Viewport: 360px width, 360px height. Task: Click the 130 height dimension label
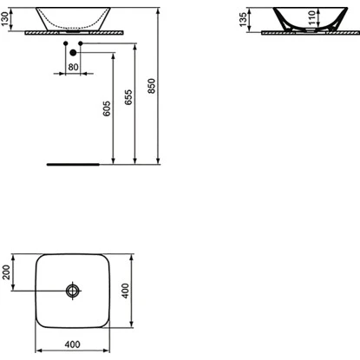6,18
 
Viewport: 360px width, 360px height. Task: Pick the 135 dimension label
245,19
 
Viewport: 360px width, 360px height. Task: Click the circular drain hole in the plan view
75,289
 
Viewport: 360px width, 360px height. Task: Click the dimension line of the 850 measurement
159,95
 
